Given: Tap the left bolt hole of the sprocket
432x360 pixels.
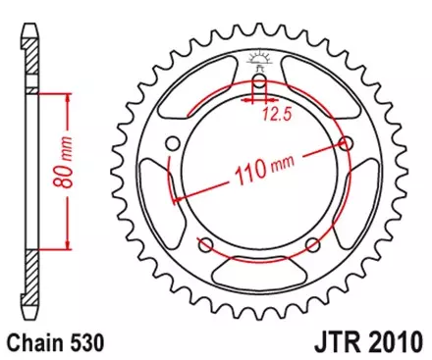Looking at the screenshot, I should coord(173,144).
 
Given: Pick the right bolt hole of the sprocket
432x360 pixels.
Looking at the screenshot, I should coord(346,143).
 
